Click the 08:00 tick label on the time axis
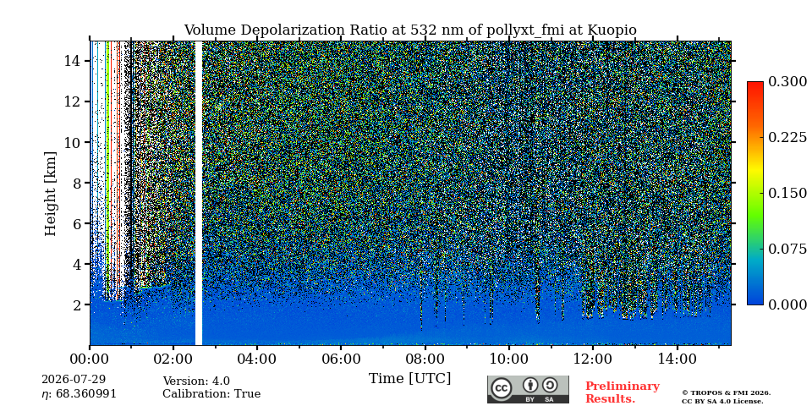(x=425, y=359)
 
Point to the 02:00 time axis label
(x=173, y=359)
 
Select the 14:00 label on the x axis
(x=676, y=359)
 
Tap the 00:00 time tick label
(x=90, y=359)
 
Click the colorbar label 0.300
(x=787, y=82)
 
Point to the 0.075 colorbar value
(x=787, y=249)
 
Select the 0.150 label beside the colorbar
(x=787, y=193)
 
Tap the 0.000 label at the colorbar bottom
(x=787, y=304)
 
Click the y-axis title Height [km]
(x=50, y=194)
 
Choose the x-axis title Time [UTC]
(x=409, y=378)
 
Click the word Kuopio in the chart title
(x=612, y=30)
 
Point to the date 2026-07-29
(x=74, y=380)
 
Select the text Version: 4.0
(x=196, y=381)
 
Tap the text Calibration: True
(x=211, y=394)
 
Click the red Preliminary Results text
(x=622, y=392)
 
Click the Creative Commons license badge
(x=528, y=389)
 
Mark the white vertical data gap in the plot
(x=198, y=193)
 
